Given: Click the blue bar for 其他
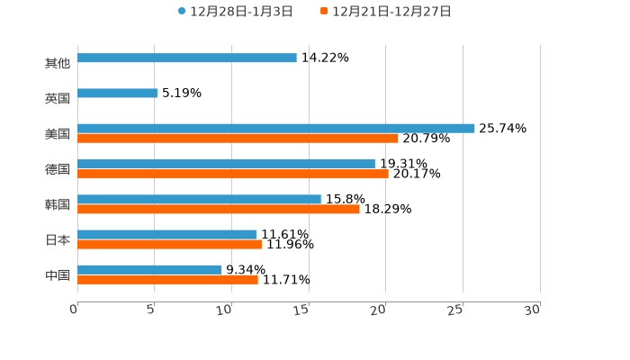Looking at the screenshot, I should tap(187, 58).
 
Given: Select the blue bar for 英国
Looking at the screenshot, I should tap(117, 93).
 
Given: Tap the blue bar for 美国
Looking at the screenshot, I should tap(275, 128).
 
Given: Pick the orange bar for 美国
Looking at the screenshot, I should tap(238, 138).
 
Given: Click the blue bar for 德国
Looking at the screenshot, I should tap(226, 164).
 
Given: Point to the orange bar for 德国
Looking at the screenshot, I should tap(233, 174).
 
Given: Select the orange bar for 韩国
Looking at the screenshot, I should tap(219, 209).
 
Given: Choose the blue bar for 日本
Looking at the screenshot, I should tap(166, 234).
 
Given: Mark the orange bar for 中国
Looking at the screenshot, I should tap(167, 279).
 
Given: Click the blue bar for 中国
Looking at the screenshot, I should tap(149, 269).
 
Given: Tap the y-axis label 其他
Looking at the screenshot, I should tap(58, 63).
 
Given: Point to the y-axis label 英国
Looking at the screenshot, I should tap(58, 98).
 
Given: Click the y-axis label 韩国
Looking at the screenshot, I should tap(58, 204).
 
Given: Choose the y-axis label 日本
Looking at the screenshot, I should tap(58, 239).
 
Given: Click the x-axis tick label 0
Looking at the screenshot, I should tap(74, 310).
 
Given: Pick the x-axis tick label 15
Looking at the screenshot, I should tap(302, 310).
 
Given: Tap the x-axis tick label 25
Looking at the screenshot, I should tap(455, 310).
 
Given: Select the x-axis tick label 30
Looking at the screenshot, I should tap(532, 310).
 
